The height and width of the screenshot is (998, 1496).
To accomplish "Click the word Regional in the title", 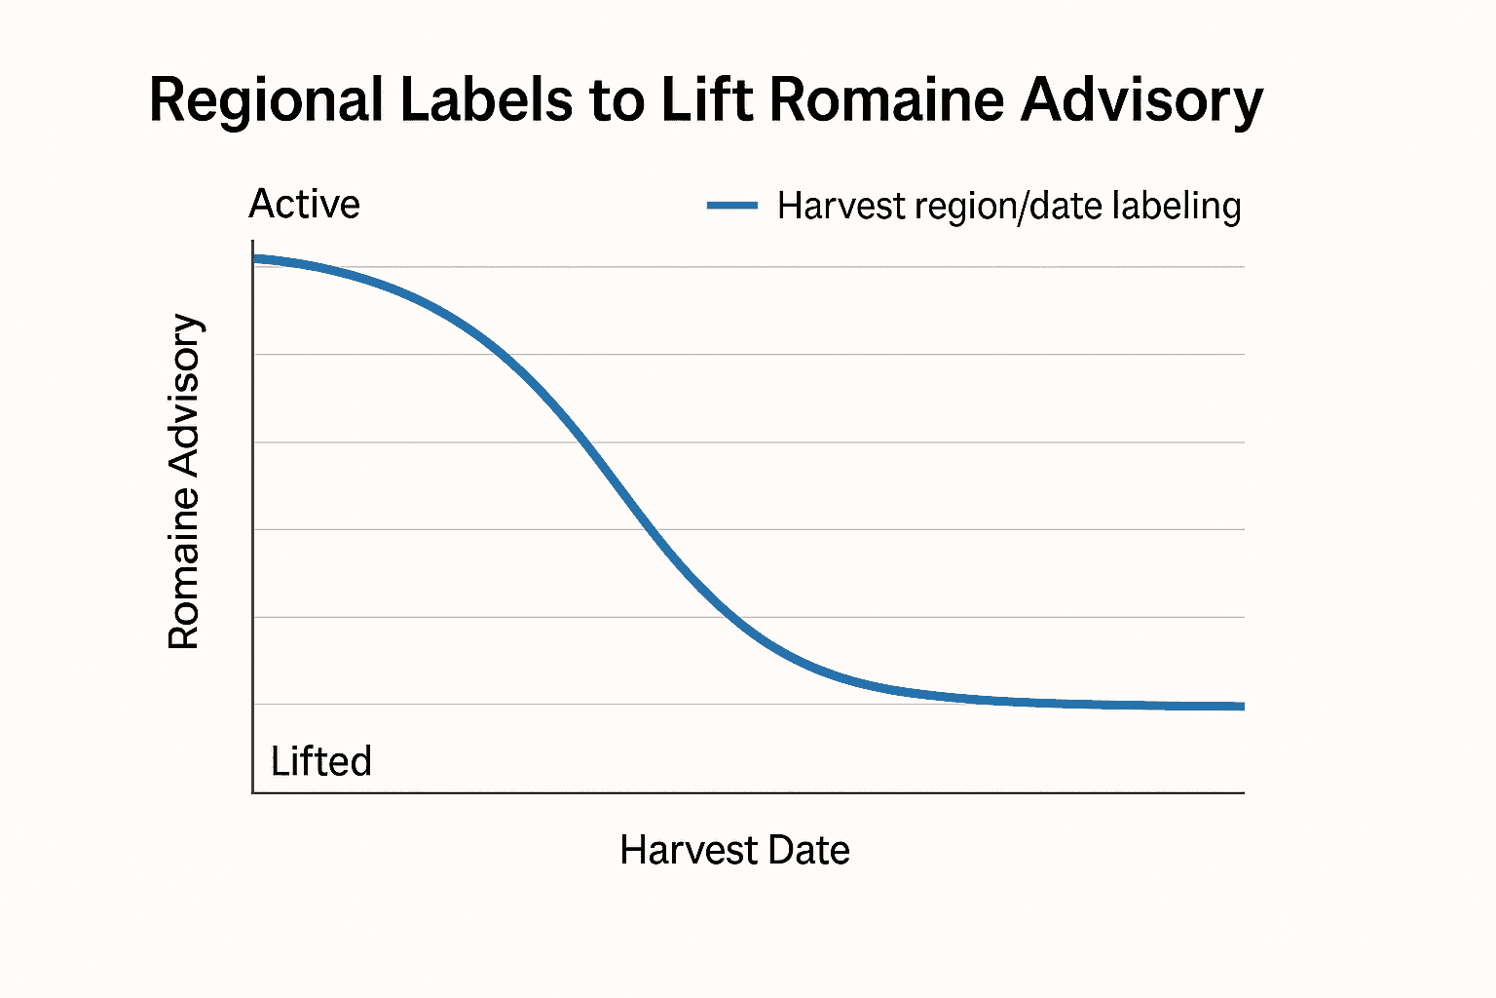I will [x=266, y=100].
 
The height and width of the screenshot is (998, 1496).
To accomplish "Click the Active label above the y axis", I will [x=304, y=205].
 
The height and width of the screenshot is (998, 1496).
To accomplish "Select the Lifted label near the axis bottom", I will [x=320, y=761].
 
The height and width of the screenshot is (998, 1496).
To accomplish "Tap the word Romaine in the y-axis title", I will [x=184, y=568].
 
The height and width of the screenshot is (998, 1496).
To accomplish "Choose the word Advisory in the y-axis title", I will [x=184, y=395].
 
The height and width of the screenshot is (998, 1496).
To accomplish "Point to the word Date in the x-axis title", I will [x=807, y=850].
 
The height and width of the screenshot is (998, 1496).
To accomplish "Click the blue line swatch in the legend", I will [x=731, y=206].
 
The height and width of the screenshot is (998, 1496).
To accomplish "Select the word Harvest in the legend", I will [x=841, y=207].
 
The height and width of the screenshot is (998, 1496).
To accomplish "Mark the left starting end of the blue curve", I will [x=255, y=259].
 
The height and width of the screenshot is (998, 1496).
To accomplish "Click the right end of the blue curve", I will [x=1242, y=706].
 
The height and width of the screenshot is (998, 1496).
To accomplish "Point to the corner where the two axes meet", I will [x=253, y=792].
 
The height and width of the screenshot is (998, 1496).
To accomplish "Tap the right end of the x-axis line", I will [x=1243, y=792].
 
